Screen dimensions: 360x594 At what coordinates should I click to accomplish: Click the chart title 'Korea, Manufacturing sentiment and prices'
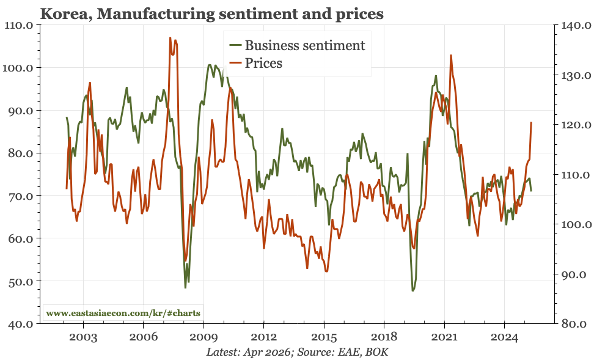211,13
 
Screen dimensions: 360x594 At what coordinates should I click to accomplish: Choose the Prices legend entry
263,63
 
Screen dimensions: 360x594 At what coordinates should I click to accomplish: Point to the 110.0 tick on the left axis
20,25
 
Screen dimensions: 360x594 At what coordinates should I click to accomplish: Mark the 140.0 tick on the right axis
574,26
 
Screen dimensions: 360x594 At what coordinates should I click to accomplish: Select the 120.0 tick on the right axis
574,125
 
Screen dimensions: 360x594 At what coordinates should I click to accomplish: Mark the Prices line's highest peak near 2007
170,38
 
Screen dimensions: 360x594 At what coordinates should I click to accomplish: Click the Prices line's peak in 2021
451,55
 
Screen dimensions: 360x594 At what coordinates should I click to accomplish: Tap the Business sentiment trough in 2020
413,290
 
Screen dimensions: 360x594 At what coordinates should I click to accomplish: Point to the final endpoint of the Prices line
531,123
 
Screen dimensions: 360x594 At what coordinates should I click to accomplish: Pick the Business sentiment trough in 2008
185,287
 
